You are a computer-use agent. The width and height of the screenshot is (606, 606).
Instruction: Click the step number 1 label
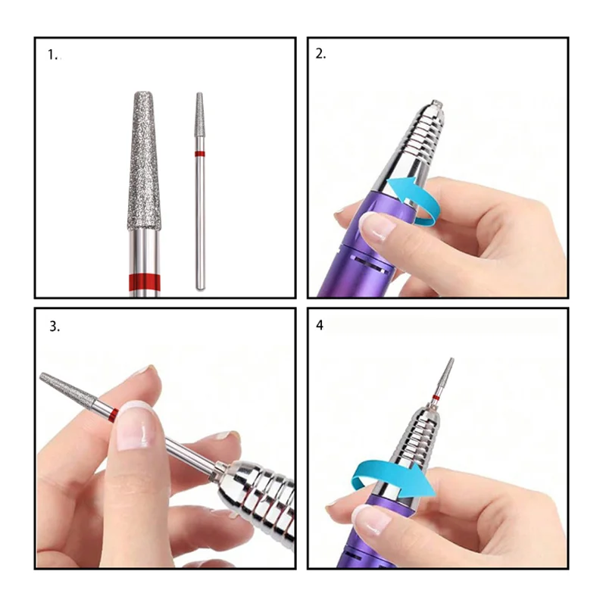click(53, 55)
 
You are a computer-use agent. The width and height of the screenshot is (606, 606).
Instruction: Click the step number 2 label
click(320, 54)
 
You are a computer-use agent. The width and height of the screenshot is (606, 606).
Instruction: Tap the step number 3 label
click(54, 327)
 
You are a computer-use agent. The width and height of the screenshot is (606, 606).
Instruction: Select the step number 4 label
click(320, 325)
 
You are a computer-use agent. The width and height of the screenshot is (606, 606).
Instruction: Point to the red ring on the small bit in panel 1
click(200, 153)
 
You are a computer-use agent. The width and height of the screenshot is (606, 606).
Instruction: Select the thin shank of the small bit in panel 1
click(200, 220)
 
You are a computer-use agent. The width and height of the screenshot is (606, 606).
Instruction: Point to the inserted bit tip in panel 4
click(448, 375)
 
